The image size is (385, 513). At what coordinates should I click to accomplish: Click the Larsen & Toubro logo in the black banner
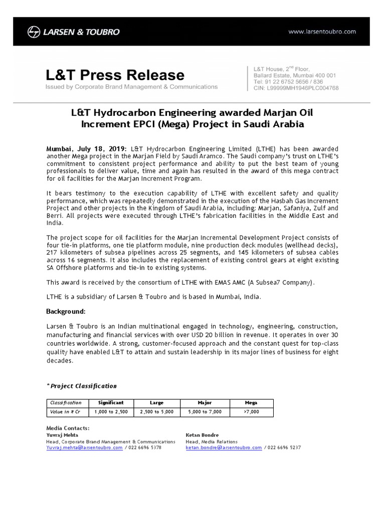(x=74, y=32)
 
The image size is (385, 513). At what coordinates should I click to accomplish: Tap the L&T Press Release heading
(x=115, y=75)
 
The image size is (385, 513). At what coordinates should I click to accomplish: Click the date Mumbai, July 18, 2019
(x=87, y=149)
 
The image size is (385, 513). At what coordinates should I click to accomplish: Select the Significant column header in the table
(x=111, y=402)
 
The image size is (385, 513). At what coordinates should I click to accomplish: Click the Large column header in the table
(x=156, y=402)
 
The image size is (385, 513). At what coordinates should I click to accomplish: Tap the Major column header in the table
(x=205, y=402)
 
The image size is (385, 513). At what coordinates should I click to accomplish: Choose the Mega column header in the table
(x=251, y=402)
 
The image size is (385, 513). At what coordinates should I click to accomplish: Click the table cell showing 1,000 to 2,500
(x=111, y=411)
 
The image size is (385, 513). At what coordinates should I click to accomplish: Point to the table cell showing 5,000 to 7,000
(x=205, y=411)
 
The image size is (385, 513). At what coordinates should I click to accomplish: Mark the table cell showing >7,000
(x=251, y=411)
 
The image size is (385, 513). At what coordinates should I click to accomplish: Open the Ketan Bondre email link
(x=224, y=447)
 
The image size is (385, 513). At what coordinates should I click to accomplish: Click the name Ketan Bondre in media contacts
(x=203, y=435)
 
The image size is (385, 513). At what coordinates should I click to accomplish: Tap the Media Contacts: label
(x=68, y=428)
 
